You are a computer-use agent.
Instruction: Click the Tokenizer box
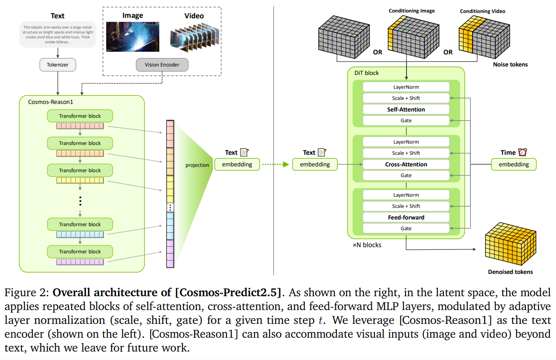coord(58,65)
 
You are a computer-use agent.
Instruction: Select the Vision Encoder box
coord(162,65)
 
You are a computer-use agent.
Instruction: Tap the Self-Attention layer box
coord(406,109)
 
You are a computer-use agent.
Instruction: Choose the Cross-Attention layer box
coord(406,164)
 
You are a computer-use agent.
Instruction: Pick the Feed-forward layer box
coord(406,217)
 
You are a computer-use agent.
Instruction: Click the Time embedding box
coord(514,164)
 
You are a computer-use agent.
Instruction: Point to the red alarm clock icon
coord(523,152)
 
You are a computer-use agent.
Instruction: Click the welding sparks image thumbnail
coord(133,37)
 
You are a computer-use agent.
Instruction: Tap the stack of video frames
coord(195,37)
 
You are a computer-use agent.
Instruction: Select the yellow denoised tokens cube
coord(510,244)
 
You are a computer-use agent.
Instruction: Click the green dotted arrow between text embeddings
coord(275,164)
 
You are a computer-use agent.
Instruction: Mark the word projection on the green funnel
coord(197,165)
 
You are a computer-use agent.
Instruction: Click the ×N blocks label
coord(367,245)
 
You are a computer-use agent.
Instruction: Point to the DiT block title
coord(367,73)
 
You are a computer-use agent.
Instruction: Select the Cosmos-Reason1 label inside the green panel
coord(50,102)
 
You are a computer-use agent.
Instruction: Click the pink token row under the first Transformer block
coord(80,126)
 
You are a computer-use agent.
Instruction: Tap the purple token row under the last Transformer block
coord(80,262)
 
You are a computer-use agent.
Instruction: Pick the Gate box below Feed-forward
coord(406,228)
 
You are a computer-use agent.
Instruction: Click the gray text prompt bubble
coord(58,34)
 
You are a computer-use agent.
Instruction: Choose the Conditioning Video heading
coord(482,11)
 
